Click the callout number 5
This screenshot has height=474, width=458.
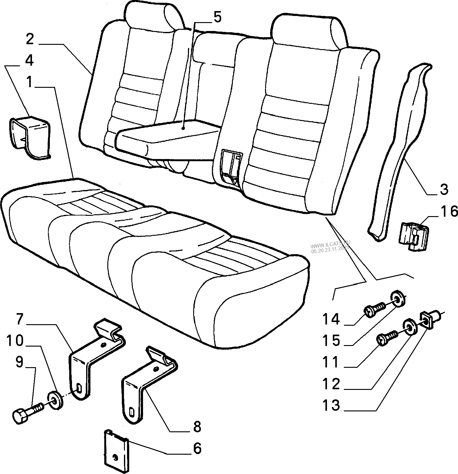tap(217, 17)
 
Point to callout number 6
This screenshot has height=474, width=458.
tap(197, 448)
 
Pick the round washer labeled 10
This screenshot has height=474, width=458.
tap(55, 400)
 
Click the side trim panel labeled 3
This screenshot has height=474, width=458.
tap(400, 147)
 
